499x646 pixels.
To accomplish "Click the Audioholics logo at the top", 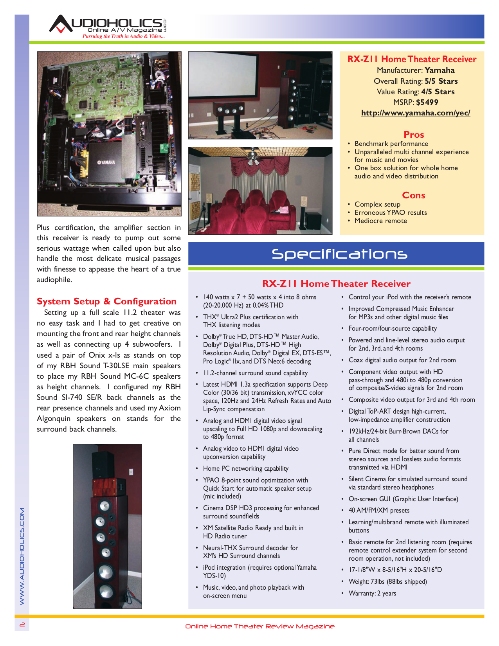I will (108, 27).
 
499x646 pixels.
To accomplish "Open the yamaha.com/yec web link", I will (415, 113).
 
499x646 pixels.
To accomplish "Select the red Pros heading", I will (414, 135).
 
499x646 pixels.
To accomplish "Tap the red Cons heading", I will (413, 195).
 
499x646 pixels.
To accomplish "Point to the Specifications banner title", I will (339, 254).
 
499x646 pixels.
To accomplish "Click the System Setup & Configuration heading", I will (106, 301).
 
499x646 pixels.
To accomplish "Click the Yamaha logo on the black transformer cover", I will (106, 162).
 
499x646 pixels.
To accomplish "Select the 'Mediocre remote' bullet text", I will (380, 221).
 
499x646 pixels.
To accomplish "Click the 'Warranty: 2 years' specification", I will (372, 594).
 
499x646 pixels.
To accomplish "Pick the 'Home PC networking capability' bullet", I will (245, 469).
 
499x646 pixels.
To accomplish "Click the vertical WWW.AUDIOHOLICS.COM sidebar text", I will (22, 556).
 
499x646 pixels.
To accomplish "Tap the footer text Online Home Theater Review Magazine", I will (260, 626).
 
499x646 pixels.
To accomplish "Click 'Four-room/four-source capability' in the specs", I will (393, 329).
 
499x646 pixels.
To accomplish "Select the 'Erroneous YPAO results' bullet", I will (390, 213).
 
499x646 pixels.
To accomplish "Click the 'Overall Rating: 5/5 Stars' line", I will (416, 81).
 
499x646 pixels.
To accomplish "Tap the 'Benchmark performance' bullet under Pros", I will (391, 144).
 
